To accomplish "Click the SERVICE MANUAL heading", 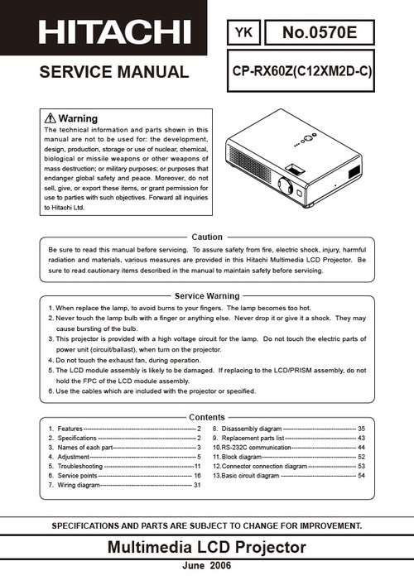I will pos(113,72).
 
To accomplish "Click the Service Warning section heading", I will pos(207,295).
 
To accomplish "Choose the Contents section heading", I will pos(207,417).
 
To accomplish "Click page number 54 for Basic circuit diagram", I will pos(361,476).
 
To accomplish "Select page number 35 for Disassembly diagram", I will pos(361,429).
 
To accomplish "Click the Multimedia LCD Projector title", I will pos(207,547).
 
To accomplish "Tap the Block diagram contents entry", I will pos(244,456).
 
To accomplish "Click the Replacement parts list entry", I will pos(253,438).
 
